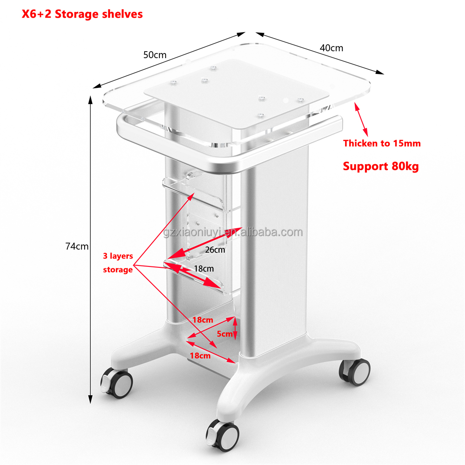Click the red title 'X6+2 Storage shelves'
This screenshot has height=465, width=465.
click(82, 14)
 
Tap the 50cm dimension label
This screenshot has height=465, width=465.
click(155, 55)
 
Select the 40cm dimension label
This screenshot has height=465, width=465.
click(331, 48)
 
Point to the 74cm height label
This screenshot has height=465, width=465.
click(77, 246)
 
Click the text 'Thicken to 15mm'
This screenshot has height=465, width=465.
click(382, 144)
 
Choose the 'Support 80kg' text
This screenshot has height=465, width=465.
click(381, 166)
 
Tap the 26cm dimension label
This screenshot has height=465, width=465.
click(215, 250)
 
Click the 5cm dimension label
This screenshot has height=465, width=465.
click(225, 334)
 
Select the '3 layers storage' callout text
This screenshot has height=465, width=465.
click(118, 263)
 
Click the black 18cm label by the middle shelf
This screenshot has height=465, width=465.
click(204, 269)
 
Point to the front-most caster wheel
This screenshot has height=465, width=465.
click(223, 435)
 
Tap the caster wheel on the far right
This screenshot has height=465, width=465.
click(355, 372)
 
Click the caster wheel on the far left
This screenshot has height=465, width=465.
click(117, 383)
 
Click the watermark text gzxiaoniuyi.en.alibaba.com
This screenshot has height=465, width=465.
click(233, 232)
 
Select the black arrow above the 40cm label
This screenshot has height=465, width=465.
click(320, 53)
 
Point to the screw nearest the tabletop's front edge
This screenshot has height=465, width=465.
click(260, 115)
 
